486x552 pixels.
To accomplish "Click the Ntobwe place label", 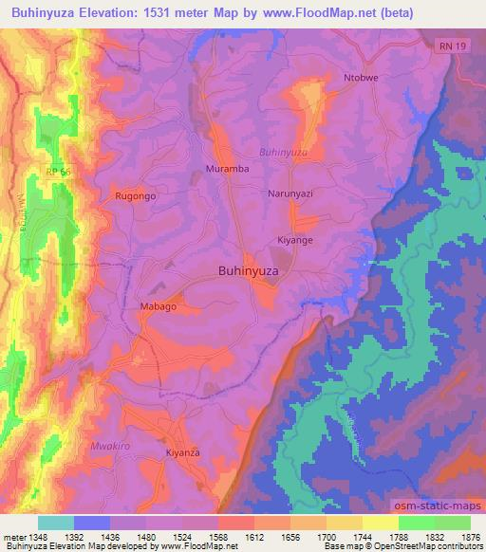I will pyautogui.click(x=362, y=78).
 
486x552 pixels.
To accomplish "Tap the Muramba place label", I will pyautogui.click(x=226, y=169).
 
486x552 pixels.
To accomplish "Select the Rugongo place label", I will pyautogui.click(x=135, y=195).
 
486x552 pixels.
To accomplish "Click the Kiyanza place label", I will pyautogui.click(x=184, y=453).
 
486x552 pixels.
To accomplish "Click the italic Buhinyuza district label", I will pyautogui.click(x=284, y=152).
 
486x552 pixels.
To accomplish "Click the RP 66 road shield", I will pyautogui.click(x=57, y=171).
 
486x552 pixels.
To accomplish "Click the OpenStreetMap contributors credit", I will pyautogui.click(x=429, y=547).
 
